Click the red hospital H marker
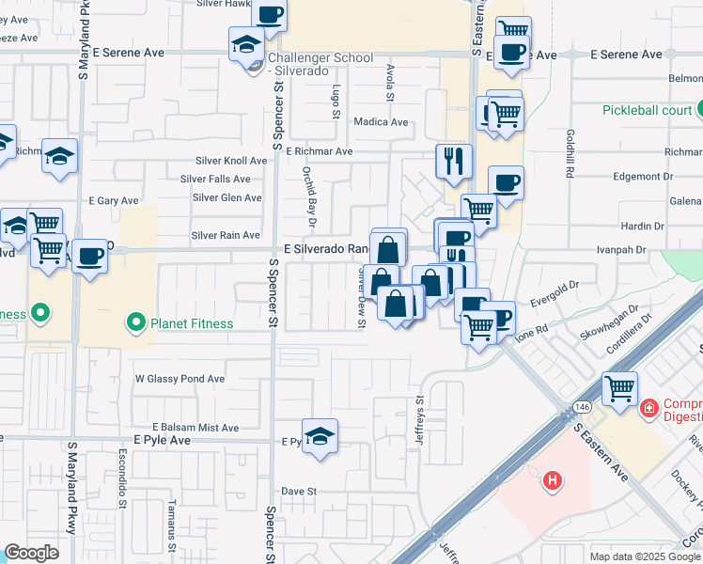point(553,480)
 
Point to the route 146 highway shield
point(569,411)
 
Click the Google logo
point(31,552)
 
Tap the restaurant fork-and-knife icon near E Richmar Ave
point(454,161)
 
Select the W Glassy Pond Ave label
point(180,379)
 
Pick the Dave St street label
point(300,491)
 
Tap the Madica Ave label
point(381,122)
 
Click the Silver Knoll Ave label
point(231,161)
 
